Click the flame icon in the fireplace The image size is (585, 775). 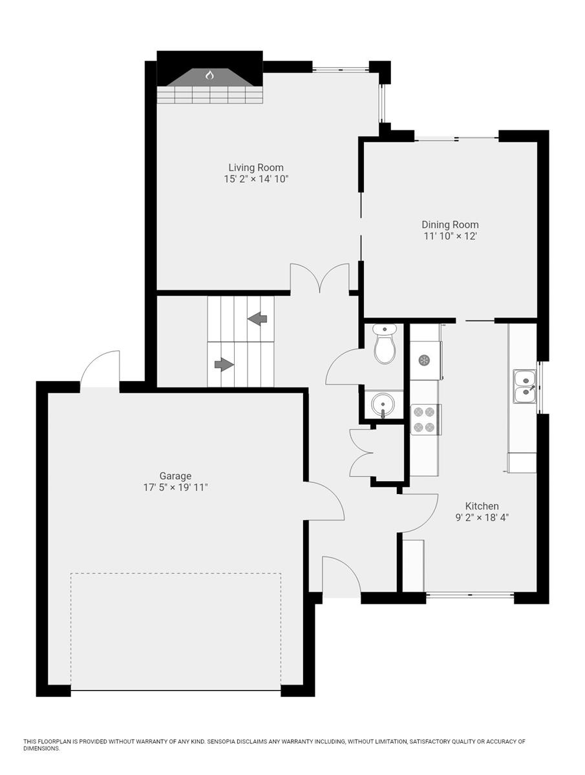click(209, 76)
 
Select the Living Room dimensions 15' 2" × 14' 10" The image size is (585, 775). click(251, 179)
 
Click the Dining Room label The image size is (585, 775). click(450, 225)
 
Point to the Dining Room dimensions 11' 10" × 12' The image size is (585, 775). click(450, 236)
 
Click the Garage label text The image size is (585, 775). click(175, 476)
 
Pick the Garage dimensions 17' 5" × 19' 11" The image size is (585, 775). click(175, 488)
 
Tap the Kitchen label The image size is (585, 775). click(482, 506)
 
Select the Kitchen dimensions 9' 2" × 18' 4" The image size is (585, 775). click(482, 517)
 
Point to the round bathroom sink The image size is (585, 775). click(383, 406)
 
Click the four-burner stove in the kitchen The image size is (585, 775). click(425, 418)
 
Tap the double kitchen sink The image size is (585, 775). click(525, 386)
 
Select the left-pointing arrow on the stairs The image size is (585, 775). click(258, 318)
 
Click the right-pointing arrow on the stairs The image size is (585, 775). click(224, 365)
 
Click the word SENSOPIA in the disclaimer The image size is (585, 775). click(224, 741)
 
